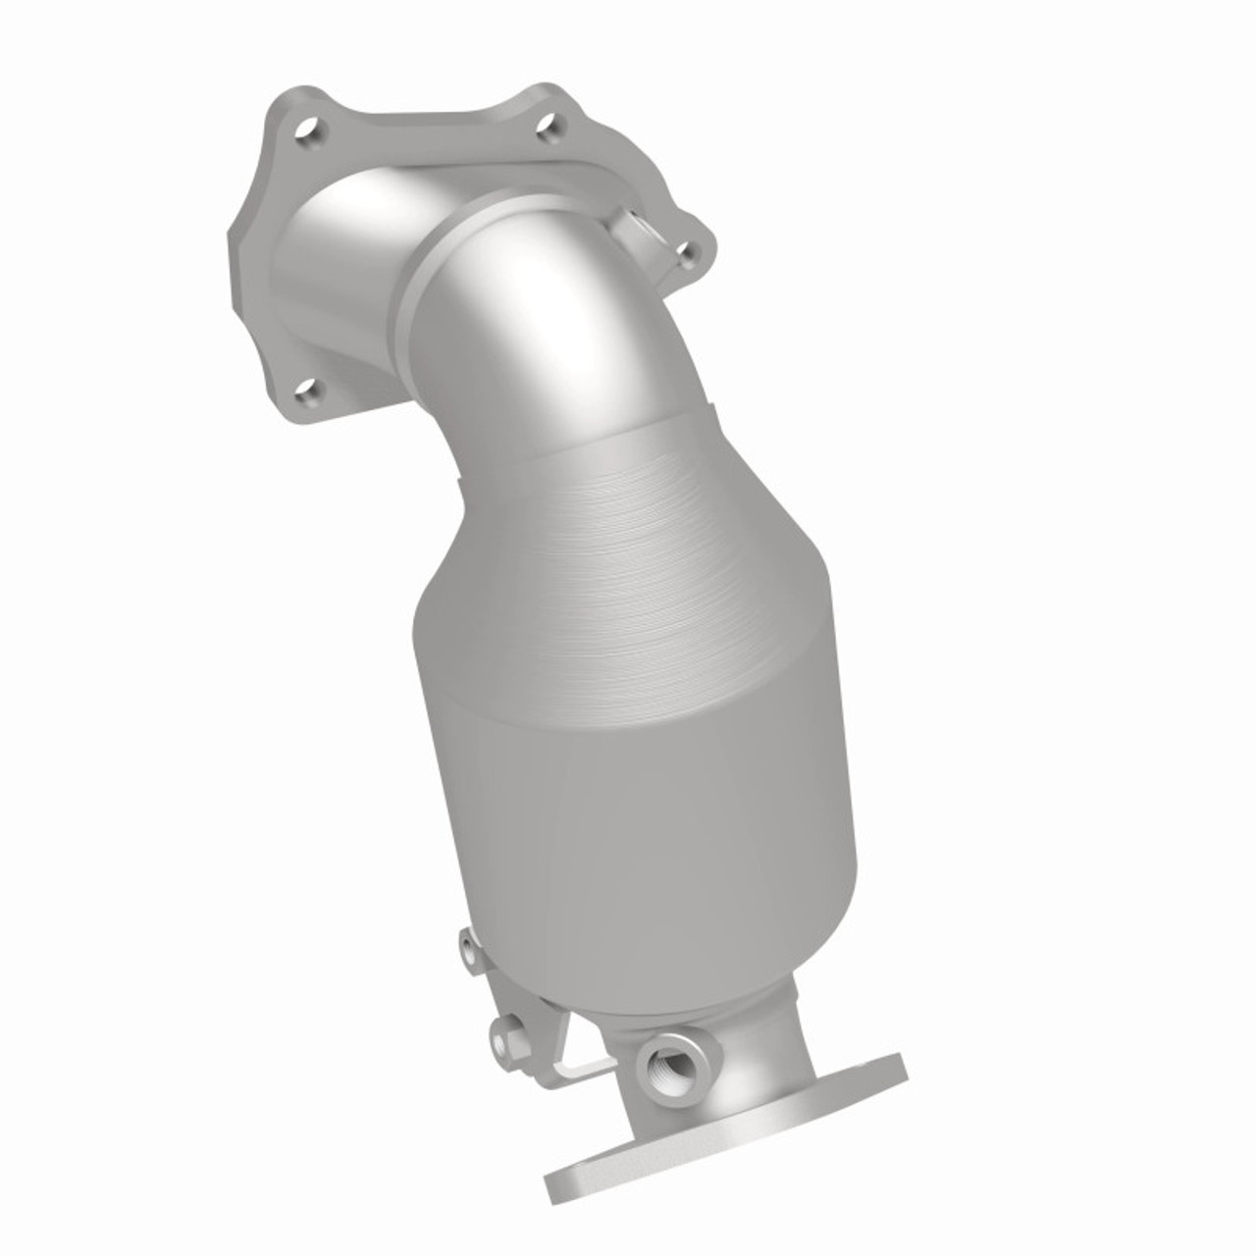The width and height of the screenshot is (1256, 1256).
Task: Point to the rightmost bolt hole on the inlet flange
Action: (688, 255)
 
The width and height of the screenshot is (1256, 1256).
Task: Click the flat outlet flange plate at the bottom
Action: (726, 1128)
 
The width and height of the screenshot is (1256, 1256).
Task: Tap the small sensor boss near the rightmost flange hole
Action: (635, 223)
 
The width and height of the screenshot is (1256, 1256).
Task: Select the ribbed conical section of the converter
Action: (628, 549)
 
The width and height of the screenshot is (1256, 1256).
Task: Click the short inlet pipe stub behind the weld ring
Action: (334, 255)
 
